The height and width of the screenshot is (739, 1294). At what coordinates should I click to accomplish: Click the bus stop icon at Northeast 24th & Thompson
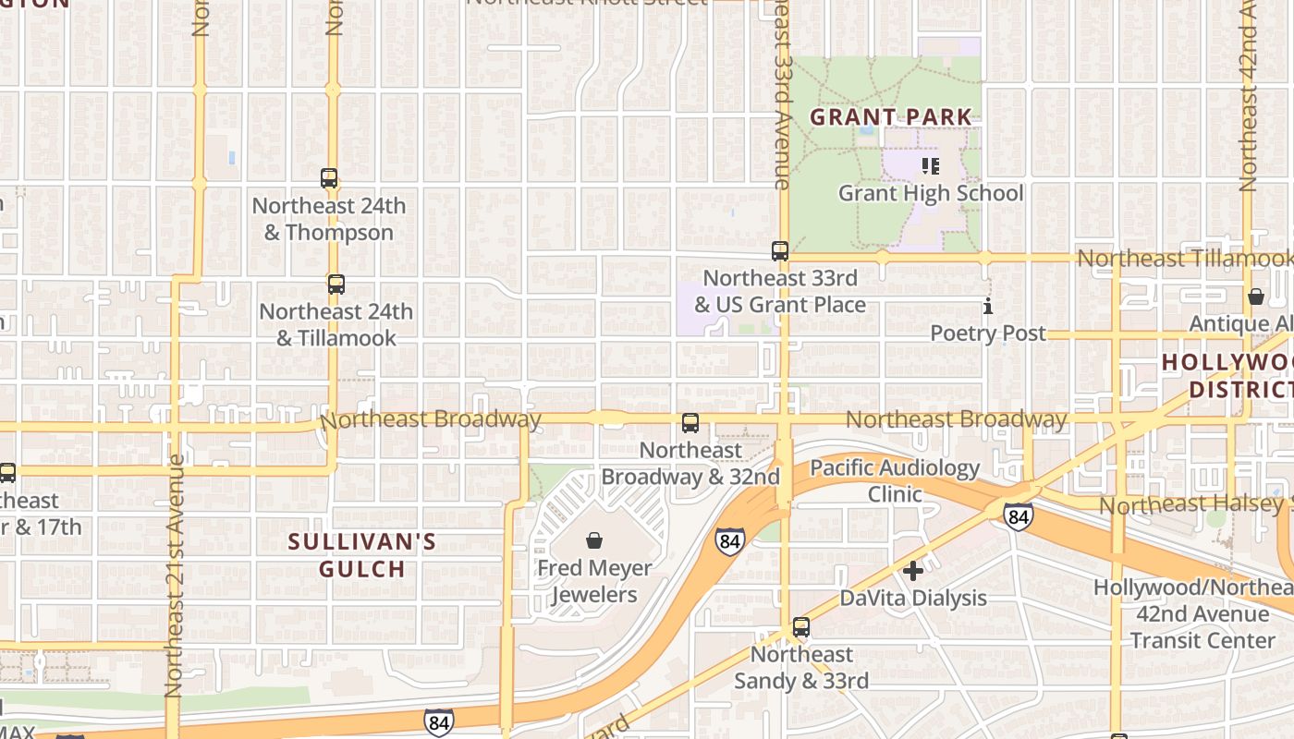click(329, 178)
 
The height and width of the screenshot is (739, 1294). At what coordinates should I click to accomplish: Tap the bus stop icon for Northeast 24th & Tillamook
click(336, 285)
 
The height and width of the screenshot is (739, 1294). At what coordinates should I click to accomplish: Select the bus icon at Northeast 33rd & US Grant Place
click(780, 250)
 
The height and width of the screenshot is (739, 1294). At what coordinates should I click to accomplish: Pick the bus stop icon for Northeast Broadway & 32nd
click(690, 423)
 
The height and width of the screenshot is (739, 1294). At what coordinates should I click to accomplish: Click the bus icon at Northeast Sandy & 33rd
click(801, 627)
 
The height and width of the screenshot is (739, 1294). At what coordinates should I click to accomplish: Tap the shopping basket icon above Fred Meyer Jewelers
click(594, 539)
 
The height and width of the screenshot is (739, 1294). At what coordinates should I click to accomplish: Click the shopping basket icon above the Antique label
click(1256, 297)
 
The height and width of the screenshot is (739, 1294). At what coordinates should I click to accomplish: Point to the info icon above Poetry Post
click(988, 306)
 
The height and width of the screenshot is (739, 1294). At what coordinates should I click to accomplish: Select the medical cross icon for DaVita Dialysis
click(913, 571)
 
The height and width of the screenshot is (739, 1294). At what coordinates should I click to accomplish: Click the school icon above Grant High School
click(931, 166)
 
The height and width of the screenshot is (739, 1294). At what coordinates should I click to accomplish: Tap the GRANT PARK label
click(891, 117)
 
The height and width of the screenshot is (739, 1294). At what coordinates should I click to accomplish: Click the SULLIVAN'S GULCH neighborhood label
click(362, 555)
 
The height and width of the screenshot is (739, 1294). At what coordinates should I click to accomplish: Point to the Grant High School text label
click(931, 193)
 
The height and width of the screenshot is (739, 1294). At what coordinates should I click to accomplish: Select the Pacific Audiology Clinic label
click(895, 480)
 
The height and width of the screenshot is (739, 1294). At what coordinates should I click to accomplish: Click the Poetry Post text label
click(988, 333)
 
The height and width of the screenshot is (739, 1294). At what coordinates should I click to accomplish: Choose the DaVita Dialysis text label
click(913, 598)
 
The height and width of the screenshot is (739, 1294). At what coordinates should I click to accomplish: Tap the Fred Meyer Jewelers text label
click(594, 580)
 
